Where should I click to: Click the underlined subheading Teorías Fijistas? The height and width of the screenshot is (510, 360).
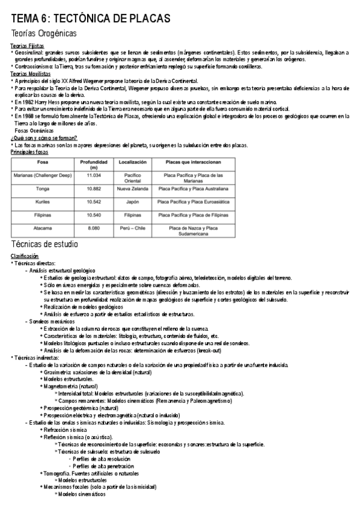[26, 46]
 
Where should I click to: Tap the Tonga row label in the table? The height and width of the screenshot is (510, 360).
[43, 188]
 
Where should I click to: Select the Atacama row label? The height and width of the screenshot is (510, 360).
[43, 229]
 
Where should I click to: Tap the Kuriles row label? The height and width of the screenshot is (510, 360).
[43, 201]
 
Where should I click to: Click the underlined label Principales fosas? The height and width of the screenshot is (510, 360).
[29, 152]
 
